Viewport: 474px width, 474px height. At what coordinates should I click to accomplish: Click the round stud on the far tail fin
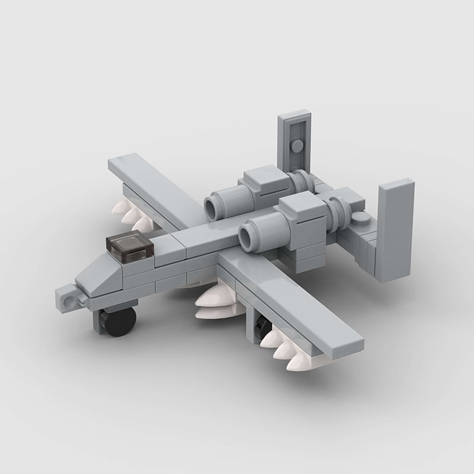pos(295,146)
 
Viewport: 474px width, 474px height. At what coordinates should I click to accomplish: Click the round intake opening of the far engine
pos(212,207)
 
